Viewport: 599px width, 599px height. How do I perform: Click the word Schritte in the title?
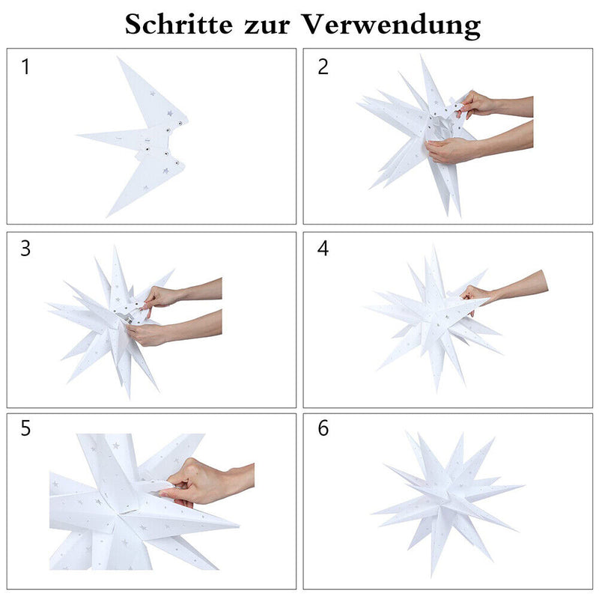pos(178,24)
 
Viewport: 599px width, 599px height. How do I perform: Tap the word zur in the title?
pos(267,27)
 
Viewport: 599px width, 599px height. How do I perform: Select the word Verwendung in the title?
pos(391,26)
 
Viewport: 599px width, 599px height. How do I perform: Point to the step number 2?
pos(323,67)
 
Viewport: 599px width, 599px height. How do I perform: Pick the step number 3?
pos(25,249)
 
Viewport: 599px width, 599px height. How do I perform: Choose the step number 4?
pos(323,249)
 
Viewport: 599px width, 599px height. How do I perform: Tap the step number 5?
pos(25,428)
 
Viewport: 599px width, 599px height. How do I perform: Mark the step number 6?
pos(323,428)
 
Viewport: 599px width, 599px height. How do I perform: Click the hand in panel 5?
pos(198,482)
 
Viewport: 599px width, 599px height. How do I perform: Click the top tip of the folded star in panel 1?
pos(118,58)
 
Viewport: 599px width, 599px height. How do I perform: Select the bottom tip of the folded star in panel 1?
pos(107,216)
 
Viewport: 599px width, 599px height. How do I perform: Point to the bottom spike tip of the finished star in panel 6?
pos(432,576)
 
